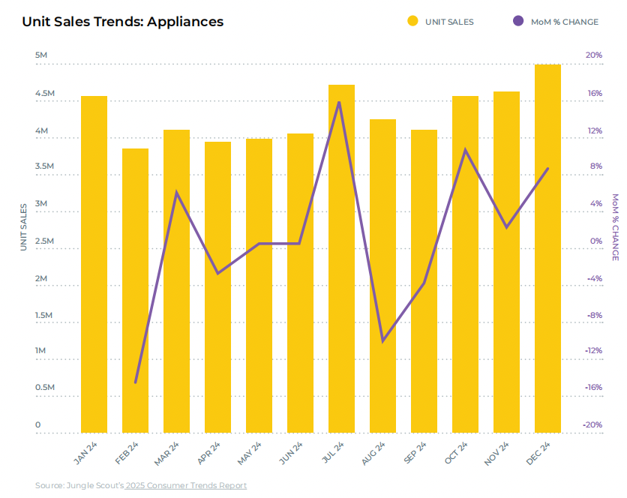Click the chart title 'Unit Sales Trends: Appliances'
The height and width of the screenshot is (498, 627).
tap(122, 22)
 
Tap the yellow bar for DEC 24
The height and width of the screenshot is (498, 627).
tap(547, 248)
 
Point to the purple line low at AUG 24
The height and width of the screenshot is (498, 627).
tap(382, 341)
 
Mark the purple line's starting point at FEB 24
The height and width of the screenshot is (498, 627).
tap(135, 382)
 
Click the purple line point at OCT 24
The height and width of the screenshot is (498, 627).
tap(465, 150)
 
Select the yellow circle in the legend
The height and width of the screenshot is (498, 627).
tap(412, 22)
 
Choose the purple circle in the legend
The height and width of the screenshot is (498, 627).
tap(518, 22)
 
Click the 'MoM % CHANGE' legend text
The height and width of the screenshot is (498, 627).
tap(565, 22)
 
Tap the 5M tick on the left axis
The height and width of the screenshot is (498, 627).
tap(42, 56)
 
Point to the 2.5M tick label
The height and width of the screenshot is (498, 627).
tap(44, 241)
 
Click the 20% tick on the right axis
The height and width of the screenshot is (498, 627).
tap(594, 55)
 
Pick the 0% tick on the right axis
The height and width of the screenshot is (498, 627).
tap(596, 241)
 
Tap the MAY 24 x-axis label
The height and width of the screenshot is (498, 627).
tap(250, 454)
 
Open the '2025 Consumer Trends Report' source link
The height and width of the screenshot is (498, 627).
tap(186, 485)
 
